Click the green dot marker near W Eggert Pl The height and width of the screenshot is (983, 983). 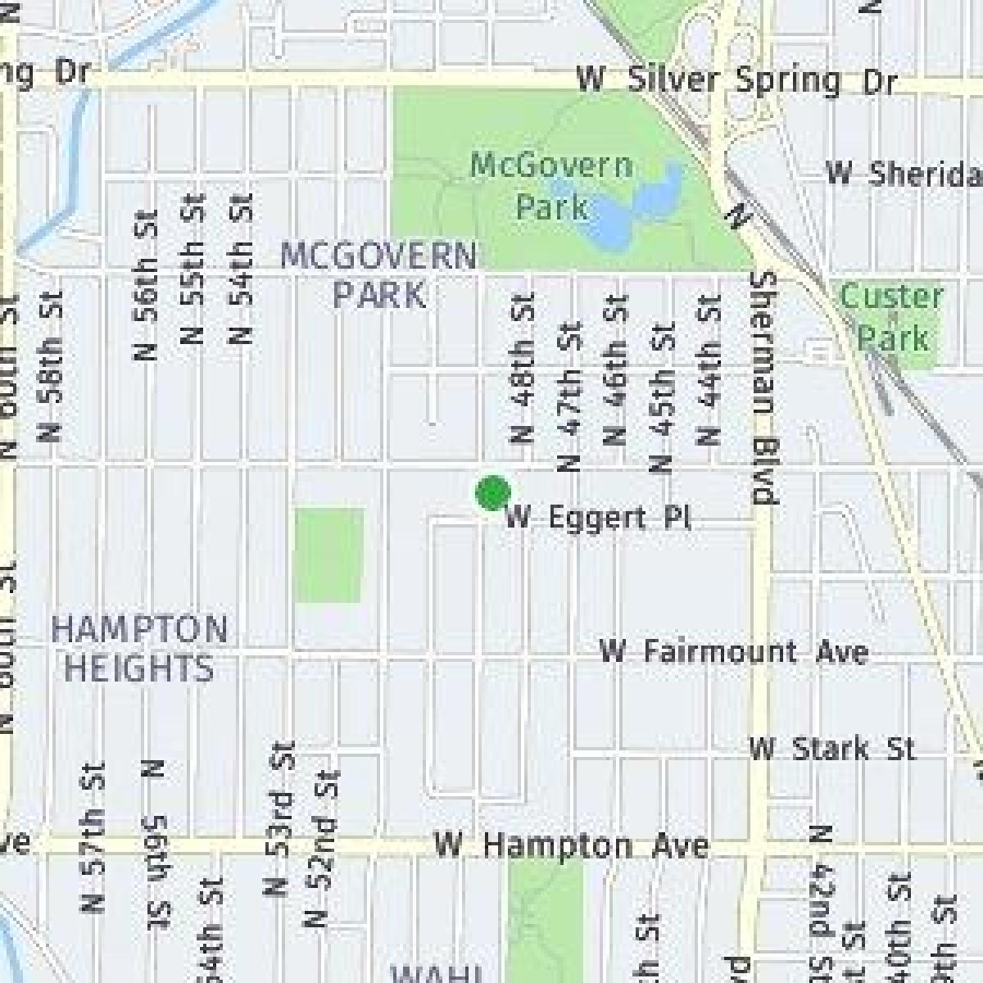pos(492,493)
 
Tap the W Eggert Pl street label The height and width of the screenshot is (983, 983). pos(598,519)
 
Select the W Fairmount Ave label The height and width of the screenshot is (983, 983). pos(733,652)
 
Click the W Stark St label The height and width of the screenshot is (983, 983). pos(831,749)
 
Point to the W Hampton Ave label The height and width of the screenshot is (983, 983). pos(571,845)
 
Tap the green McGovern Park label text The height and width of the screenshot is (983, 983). pos(551,186)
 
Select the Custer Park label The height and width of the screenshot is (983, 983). pos(892,316)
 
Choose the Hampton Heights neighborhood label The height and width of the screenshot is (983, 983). pos(139,649)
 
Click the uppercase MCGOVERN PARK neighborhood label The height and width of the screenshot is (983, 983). pos(378,274)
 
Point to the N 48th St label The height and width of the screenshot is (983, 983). pos(523,369)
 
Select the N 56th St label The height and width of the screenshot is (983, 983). pos(145,279)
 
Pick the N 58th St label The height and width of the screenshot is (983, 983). pos(51,366)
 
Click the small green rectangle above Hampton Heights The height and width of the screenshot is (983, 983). pos(328,555)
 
